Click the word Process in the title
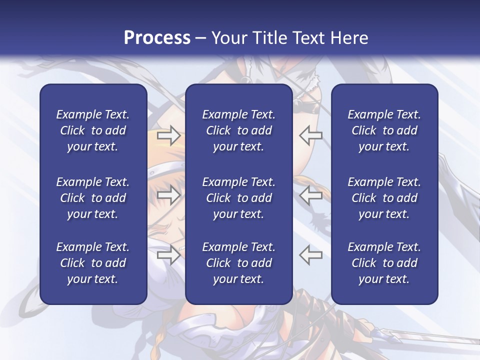coord(157,38)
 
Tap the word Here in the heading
coord(349,38)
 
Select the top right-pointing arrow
coord(168,135)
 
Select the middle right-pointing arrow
coord(168,195)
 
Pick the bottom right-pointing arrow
coord(168,255)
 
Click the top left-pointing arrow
coord(311,135)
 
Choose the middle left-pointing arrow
coord(311,195)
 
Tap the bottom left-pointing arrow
coord(311,255)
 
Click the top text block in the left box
coord(93,130)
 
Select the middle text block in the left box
coord(93,198)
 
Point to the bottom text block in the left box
coord(93,263)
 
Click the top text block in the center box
coord(238,130)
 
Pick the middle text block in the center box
coord(238,198)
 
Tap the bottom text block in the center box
coord(238,263)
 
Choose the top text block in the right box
coord(384,130)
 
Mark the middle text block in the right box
coord(384,198)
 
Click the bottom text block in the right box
coord(384,263)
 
